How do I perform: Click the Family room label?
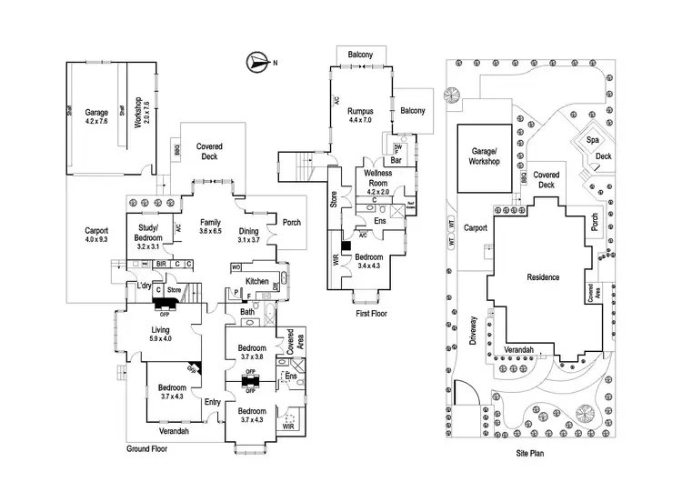pyautogui.click(x=210, y=226)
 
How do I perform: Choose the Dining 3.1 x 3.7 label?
pyautogui.click(x=248, y=235)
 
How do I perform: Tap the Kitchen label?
pyautogui.click(x=257, y=280)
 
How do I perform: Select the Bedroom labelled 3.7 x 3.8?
pyautogui.click(x=252, y=353)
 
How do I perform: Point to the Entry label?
pyautogui.click(x=213, y=402)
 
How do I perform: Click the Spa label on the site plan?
pyautogui.click(x=592, y=140)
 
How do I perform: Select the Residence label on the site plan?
pyautogui.click(x=542, y=277)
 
